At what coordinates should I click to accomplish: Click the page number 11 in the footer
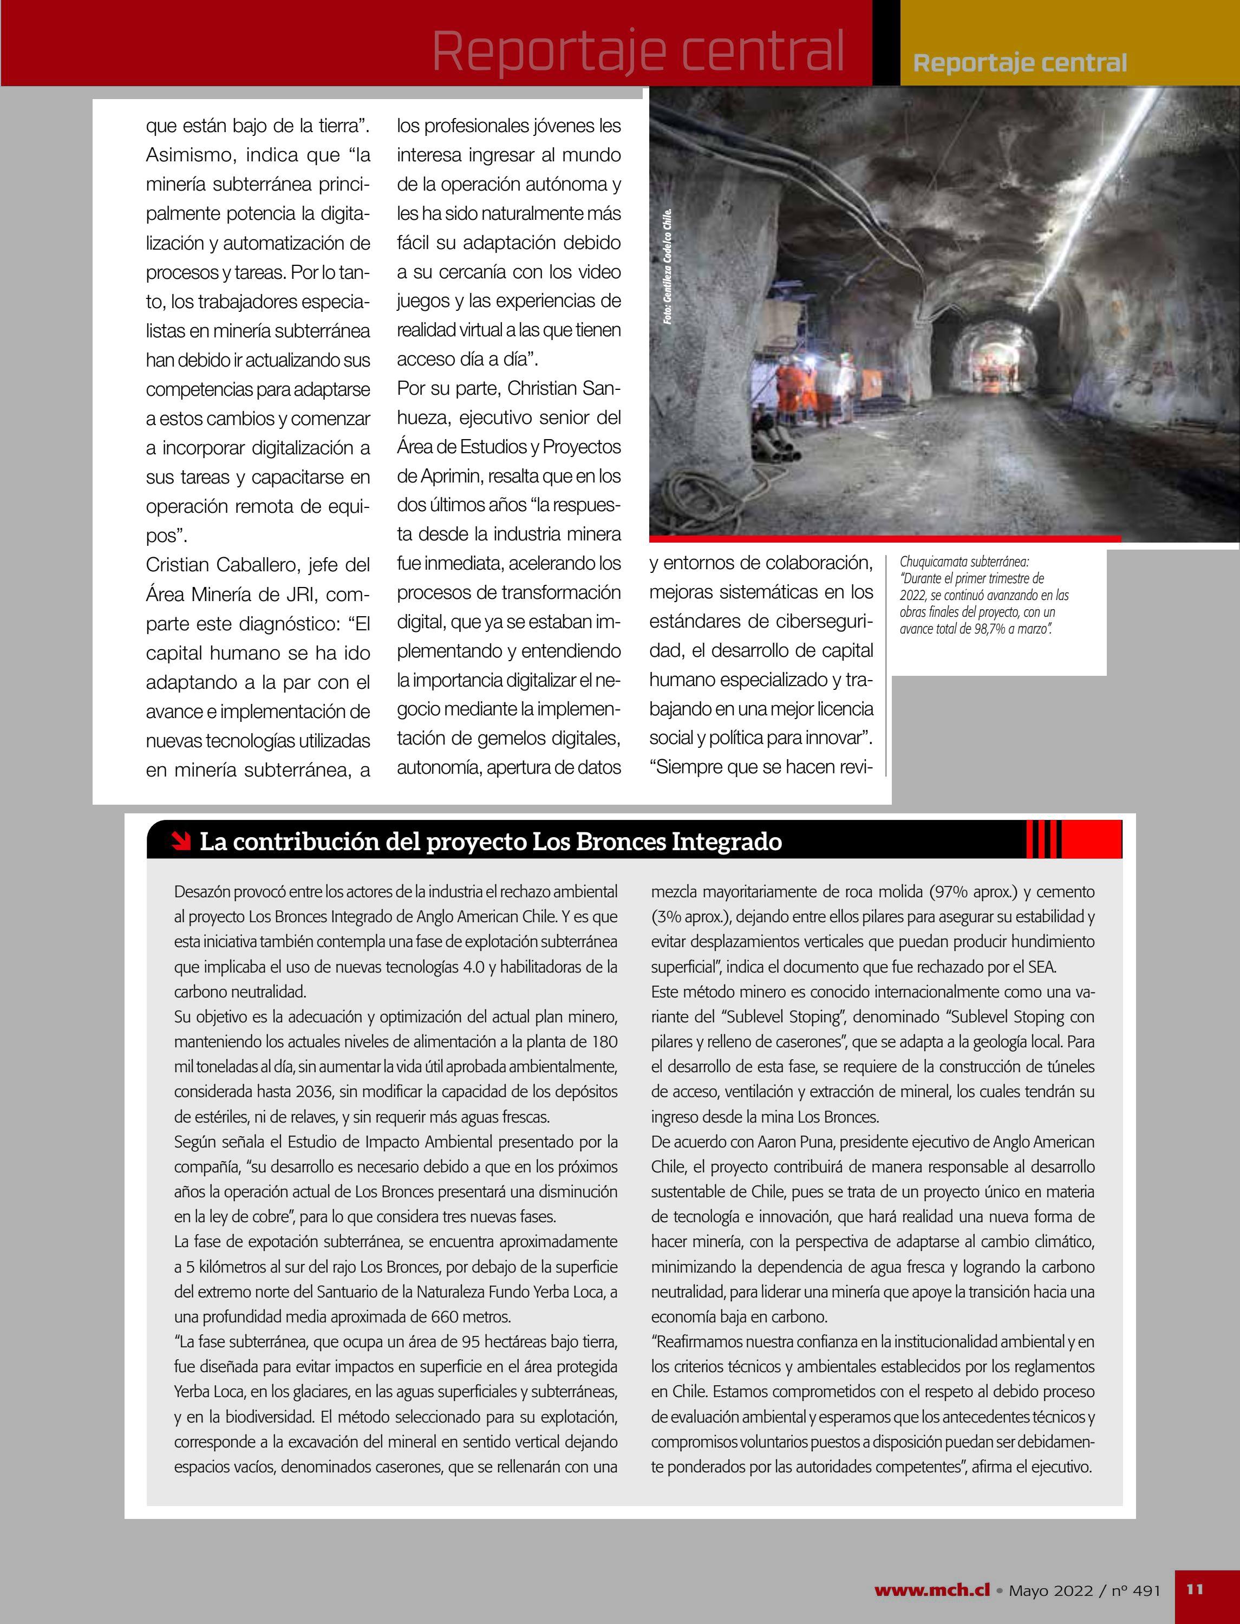coord(1195,1589)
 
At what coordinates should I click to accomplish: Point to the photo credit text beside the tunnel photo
coord(668,266)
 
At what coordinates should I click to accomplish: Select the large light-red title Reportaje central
coord(638,51)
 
